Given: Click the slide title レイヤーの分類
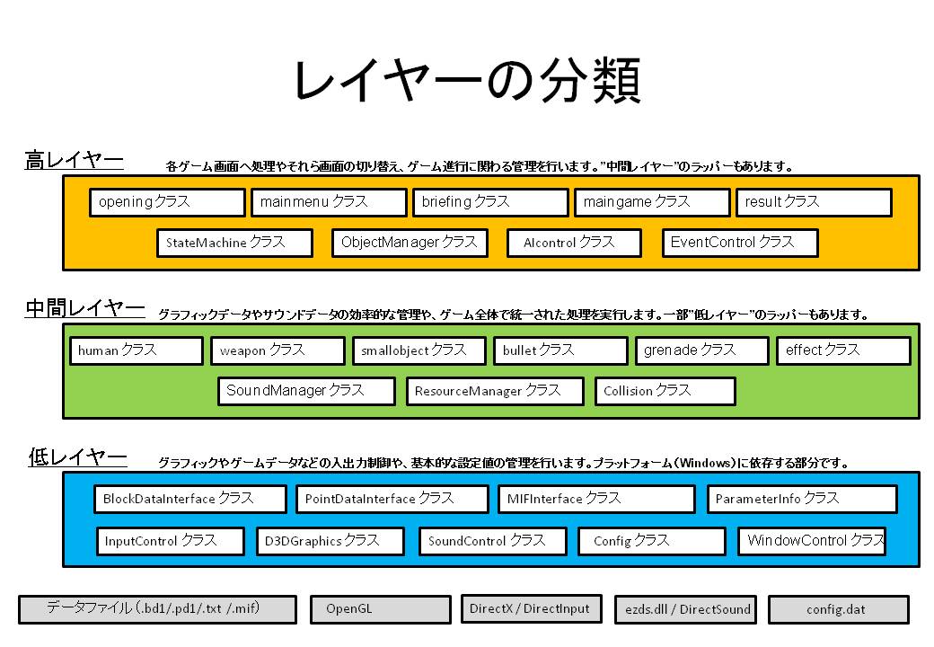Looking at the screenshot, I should coord(466,83).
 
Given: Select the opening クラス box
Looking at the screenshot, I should coord(167,202).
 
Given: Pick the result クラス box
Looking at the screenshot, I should coord(813,202).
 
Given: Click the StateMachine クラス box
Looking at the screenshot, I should coord(234,243).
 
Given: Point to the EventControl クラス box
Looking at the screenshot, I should coord(740,243).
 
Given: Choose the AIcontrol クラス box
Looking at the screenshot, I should coord(575,243).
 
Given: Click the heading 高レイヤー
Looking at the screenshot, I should coord(74,162).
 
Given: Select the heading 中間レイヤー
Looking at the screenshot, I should coord(84,310).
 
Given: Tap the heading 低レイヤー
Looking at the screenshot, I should coord(77,458).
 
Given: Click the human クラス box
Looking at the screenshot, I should coord(136,350).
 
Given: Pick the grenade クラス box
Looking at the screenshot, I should coord(701,350).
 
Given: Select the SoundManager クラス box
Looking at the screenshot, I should coord(306,391).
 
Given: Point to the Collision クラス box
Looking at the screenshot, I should coord(665,391).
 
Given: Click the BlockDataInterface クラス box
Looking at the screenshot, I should coord(189,499).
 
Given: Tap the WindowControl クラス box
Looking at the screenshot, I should coord(812,541).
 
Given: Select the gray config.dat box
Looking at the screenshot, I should coord(838,609).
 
